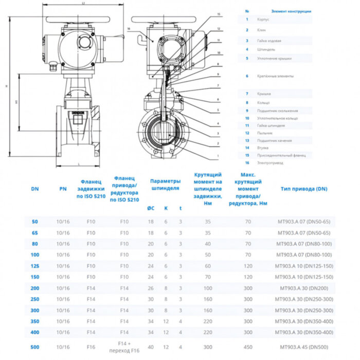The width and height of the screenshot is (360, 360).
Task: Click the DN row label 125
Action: click(x=35, y=266)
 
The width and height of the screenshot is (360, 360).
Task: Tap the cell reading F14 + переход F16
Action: click(x=124, y=347)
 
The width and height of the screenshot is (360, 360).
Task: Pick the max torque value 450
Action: click(x=248, y=347)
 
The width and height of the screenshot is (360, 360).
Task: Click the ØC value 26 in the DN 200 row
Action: click(x=151, y=288)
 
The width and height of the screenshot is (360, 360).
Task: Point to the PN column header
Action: click(x=63, y=189)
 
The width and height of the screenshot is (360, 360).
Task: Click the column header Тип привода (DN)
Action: click(x=304, y=189)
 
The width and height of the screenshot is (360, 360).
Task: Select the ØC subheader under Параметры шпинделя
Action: click(x=150, y=208)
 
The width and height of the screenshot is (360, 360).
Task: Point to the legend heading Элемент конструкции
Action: click(x=291, y=11)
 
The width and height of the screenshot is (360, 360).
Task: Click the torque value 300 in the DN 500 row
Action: click(x=208, y=347)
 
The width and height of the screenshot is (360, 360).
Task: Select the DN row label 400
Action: click(x=35, y=332)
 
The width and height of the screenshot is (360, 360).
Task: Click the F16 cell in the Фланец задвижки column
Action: click(x=91, y=347)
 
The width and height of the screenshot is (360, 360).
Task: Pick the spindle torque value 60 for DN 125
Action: click(x=208, y=266)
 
